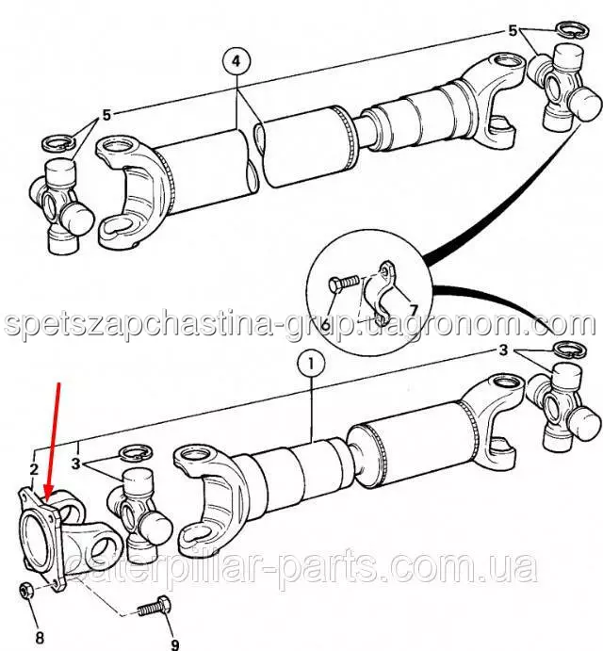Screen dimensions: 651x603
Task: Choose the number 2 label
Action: coord(33,468)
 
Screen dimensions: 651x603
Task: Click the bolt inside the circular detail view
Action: coord(345,282)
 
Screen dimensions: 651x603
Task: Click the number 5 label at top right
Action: coord(513,30)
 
